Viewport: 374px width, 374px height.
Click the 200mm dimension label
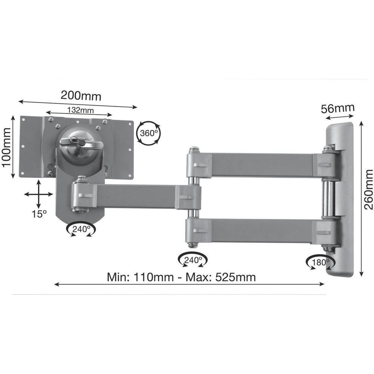(81, 96)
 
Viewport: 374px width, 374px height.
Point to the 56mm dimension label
(338, 109)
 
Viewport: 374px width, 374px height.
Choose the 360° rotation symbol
(149, 132)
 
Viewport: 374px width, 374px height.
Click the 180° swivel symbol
(319, 262)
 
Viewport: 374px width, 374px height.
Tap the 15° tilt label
(39, 214)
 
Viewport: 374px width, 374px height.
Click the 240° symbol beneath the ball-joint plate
(81, 229)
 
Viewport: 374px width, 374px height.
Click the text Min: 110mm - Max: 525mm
(181, 277)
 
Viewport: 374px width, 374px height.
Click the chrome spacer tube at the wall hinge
(328, 199)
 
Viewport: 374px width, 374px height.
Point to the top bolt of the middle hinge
(193, 150)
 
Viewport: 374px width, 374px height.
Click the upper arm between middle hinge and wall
(262, 165)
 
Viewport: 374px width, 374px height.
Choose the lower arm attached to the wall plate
(262, 231)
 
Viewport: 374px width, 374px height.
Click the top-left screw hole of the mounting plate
(24, 120)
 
